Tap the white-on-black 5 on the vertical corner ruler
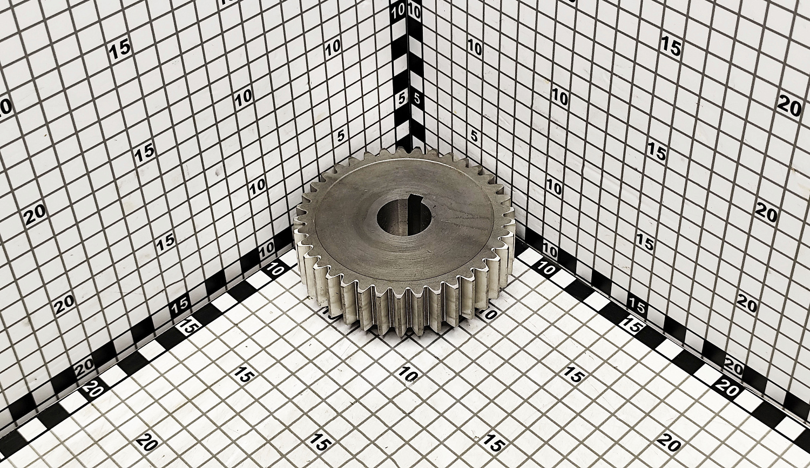pyautogui.click(x=401, y=99)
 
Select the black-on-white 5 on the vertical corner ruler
pyautogui.click(x=417, y=99)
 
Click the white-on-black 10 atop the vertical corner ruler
pyautogui.click(x=398, y=13)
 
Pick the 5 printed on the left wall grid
pyautogui.click(x=340, y=136)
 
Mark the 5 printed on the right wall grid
pyautogui.click(x=474, y=137)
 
